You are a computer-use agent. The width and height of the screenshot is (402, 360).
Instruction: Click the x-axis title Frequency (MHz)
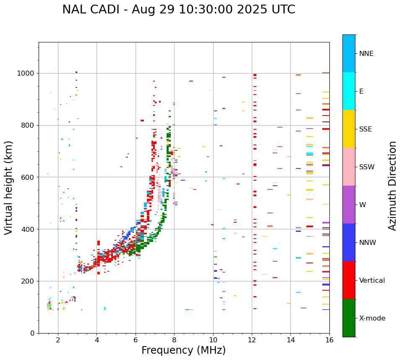coord(183,350)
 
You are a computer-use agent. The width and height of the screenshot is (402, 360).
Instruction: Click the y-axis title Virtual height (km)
coord(9,187)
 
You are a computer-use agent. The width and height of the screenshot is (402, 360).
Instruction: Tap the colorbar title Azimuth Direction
coord(392,186)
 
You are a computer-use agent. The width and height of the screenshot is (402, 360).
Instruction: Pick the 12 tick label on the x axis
coord(252,340)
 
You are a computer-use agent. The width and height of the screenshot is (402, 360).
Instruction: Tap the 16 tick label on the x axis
coord(329,340)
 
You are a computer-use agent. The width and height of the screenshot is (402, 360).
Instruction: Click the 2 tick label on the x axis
coord(58,340)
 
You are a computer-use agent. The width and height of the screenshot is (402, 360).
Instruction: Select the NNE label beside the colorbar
coord(366,54)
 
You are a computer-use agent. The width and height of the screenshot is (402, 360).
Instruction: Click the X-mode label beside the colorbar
coord(372,318)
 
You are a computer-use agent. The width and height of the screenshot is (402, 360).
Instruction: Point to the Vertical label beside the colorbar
coord(372,281)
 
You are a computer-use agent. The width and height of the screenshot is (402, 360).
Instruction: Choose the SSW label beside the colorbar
coord(367,167)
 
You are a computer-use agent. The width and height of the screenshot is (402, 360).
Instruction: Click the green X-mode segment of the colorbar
coord(349,318)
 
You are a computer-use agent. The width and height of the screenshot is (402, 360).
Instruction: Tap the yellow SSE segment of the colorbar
coord(349,129)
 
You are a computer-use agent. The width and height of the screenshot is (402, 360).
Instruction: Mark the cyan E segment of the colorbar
coord(349,91)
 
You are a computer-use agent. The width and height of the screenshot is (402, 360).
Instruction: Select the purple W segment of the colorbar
coord(349,205)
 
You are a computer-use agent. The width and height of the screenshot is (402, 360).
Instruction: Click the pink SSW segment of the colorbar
coord(349,167)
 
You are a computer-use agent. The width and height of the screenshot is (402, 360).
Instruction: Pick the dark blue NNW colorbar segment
coord(349,242)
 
